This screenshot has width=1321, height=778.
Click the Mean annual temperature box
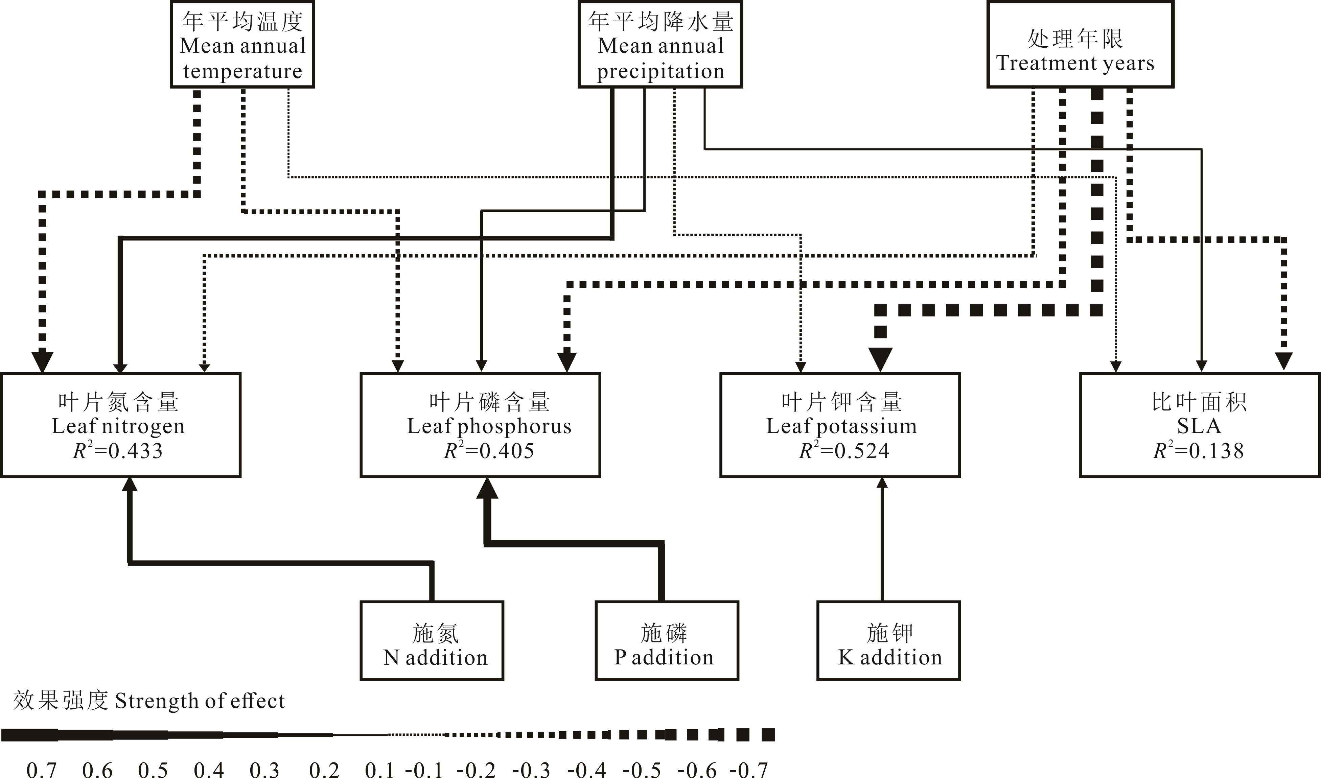pyautogui.click(x=242, y=45)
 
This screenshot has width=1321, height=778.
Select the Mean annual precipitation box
pyautogui.click(x=660, y=45)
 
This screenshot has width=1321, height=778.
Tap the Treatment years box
pyautogui.click(x=1080, y=45)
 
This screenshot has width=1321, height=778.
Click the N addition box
pyautogui.click(x=432, y=641)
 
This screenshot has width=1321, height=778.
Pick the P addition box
pyautogui.click(x=667, y=641)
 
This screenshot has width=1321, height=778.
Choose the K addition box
pyautogui.click(x=888, y=641)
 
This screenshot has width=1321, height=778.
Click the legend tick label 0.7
pyautogui.click(x=41, y=769)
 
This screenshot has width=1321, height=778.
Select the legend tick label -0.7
pyautogui.click(x=752, y=769)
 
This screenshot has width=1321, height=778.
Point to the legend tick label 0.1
pyautogui.click(x=379, y=769)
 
